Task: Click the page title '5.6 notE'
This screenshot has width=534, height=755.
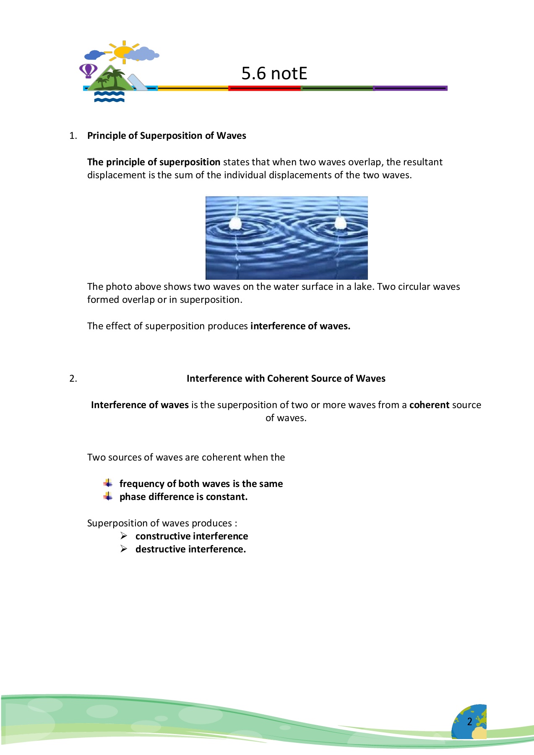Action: [274, 73]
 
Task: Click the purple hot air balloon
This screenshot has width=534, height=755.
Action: [88, 70]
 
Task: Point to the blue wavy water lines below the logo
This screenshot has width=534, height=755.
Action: [109, 97]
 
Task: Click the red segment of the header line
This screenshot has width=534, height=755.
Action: [264, 88]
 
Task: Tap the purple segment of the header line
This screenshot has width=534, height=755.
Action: [410, 88]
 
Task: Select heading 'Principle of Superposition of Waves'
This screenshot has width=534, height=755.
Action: [167, 135]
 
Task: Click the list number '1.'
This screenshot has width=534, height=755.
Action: [73, 135]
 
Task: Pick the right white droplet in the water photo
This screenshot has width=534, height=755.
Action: [339, 223]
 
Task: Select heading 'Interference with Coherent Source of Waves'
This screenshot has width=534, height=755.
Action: [286, 378]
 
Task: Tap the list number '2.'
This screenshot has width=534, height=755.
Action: [73, 378]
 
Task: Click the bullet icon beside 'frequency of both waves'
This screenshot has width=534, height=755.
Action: [108, 483]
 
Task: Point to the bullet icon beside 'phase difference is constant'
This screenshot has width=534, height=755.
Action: [108, 497]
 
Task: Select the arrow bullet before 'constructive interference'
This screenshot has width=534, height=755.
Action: [124, 536]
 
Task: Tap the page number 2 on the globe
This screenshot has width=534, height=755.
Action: [470, 721]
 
